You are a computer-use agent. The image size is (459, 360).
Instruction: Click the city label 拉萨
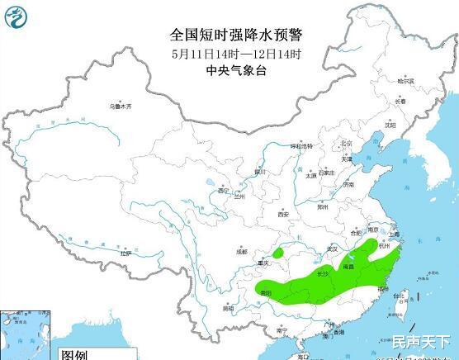click(125, 253)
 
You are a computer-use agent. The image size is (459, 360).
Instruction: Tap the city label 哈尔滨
click(404, 81)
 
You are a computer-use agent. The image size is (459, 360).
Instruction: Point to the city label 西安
click(283, 214)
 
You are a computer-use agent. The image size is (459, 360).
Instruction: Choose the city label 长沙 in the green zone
click(322, 272)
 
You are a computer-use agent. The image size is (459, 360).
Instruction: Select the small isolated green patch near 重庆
click(281, 252)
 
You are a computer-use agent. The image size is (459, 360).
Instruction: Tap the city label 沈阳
click(390, 126)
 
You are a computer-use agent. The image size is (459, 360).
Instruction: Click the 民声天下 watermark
click(422, 340)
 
